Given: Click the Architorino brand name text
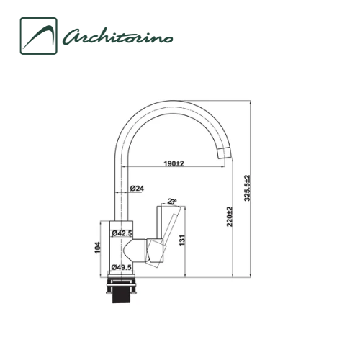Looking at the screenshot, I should click(119, 36).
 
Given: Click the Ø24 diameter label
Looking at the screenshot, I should click(138, 189).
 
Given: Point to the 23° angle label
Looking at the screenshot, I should click(171, 202).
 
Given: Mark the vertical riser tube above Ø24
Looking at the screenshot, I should click(120, 166).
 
